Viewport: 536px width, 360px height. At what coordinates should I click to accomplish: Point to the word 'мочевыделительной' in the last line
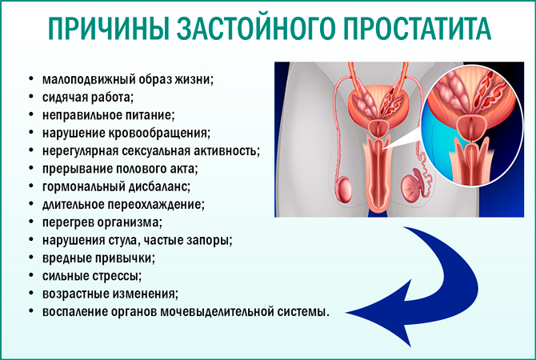[216, 311]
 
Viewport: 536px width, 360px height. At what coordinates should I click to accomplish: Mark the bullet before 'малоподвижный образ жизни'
[30, 79]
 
